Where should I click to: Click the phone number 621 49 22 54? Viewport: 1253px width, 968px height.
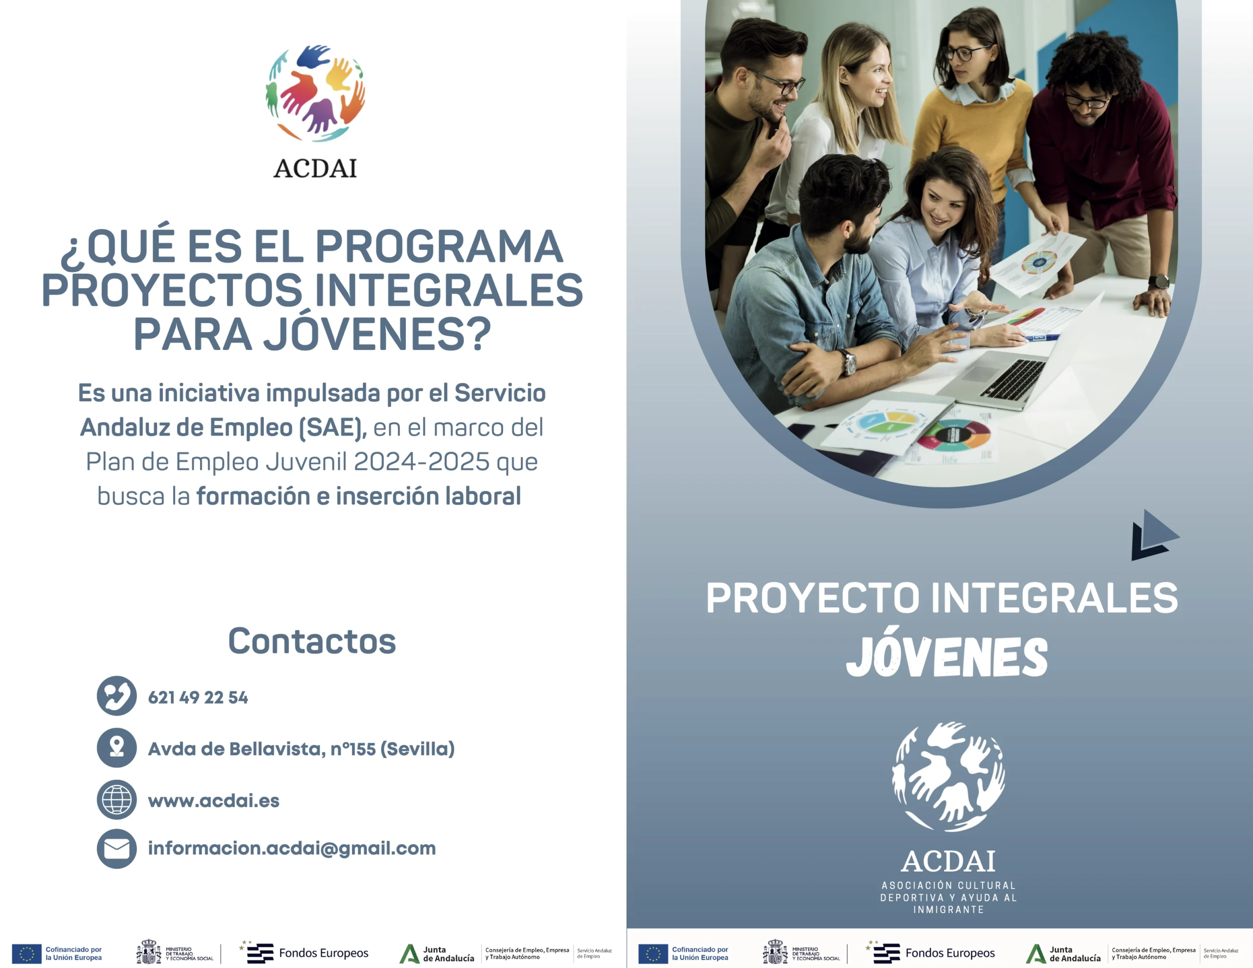(198, 697)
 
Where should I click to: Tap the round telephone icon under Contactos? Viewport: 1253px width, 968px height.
(116, 695)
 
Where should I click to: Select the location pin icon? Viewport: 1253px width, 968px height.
(116, 748)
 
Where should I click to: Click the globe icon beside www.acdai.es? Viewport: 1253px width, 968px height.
(116, 799)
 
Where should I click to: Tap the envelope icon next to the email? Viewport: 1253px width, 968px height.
(116, 849)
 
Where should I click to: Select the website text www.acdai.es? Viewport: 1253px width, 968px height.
(213, 801)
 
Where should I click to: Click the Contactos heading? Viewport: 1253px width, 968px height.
(312, 641)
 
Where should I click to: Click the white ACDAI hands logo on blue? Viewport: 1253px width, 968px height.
(949, 776)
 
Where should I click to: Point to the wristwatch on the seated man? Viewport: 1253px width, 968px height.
(848, 362)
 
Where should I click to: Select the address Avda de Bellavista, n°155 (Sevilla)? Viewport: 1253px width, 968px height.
(301, 749)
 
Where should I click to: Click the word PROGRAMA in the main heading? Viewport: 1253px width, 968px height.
(439, 247)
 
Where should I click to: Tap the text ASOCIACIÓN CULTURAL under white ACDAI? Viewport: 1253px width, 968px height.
(949, 885)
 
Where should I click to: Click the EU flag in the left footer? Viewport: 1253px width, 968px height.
(26, 954)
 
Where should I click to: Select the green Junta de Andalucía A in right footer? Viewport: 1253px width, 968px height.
(1036, 954)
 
